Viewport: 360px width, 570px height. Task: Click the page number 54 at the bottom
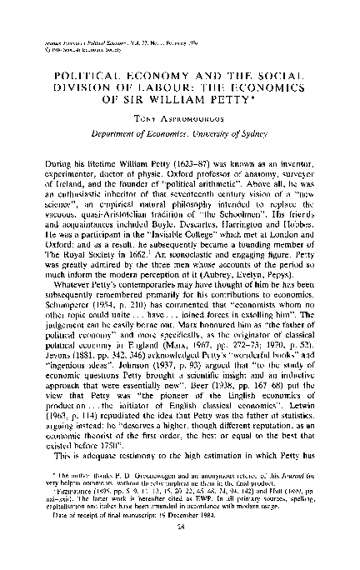click(180, 550)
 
